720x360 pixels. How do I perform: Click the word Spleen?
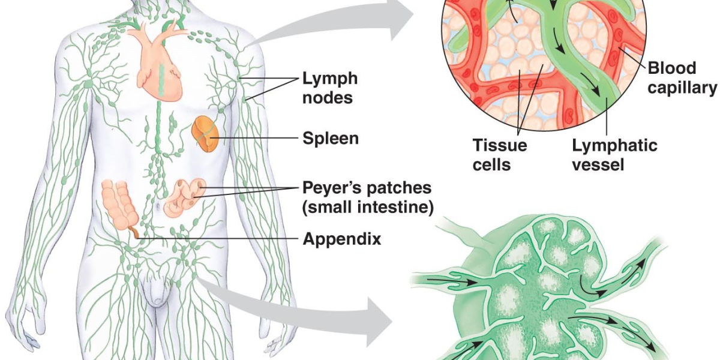pos(331,139)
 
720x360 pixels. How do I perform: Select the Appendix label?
pos(341,239)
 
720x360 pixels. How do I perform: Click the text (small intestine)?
pos(368,208)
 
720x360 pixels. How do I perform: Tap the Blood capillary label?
pos(682,78)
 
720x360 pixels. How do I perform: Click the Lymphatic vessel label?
pos(614,154)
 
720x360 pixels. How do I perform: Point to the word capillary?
pos(682,88)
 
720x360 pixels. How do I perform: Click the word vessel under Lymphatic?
pos(598,164)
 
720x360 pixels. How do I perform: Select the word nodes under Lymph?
pos(327,97)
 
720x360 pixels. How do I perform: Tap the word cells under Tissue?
pos(491,164)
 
